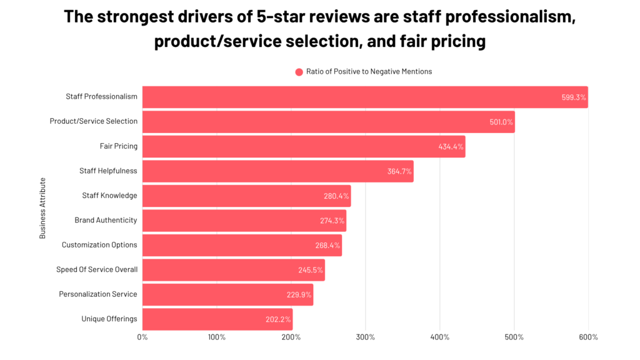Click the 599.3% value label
tap(574, 97)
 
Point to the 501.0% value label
tap(501, 122)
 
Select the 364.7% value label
tap(399, 171)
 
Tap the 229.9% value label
tap(299, 294)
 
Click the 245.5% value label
tap(311, 269)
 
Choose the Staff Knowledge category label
tap(109, 196)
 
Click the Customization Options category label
tap(99, 245)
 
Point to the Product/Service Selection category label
tap(94, 121)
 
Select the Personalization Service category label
tap(98, 294)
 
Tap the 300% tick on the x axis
tap(366, 337)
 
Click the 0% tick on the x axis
tap(142, 337)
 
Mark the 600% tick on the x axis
tap(588, 337)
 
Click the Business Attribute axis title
tap(42, 208)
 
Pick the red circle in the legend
tap(299, 72)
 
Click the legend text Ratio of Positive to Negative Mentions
tap(369, 72)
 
